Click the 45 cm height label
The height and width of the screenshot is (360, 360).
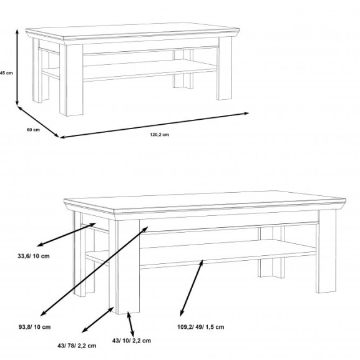point(6,73)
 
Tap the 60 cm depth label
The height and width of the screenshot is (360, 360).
point(33,130)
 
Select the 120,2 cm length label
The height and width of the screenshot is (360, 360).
point(160,135)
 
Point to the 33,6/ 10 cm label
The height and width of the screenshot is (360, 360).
point(34,256)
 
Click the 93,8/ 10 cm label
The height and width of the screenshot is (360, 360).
point(35,327)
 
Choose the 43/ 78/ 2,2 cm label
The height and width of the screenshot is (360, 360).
point(77,346)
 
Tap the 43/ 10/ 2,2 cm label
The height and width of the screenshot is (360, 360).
point(132,341)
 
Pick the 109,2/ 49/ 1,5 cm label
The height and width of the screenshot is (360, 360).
point(201,327)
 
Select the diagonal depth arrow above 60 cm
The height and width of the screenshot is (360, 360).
point(38,122)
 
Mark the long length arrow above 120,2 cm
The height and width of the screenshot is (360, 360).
point(154,125)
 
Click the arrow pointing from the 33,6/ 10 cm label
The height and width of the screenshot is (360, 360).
point(67,235)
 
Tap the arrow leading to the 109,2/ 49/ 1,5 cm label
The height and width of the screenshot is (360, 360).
point(192,288)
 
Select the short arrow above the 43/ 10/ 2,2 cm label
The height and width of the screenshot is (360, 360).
point(130,324)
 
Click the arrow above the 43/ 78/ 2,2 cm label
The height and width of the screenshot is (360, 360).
point(98,319)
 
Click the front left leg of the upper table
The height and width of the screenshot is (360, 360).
point(71,79)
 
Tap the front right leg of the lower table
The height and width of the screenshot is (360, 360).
point(326,251)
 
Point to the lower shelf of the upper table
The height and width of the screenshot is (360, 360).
point(149,70)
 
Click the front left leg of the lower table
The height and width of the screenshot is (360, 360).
point(124,266)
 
